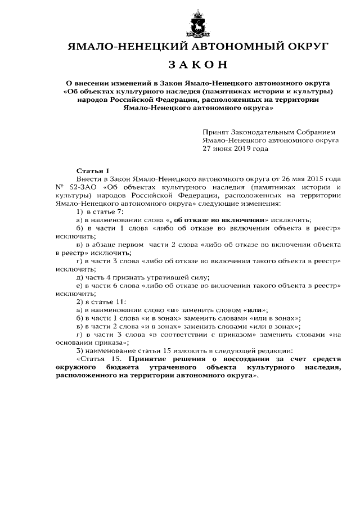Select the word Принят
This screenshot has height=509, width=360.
216,129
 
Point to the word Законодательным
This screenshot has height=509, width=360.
262,129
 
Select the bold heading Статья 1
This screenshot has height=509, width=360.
91,169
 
